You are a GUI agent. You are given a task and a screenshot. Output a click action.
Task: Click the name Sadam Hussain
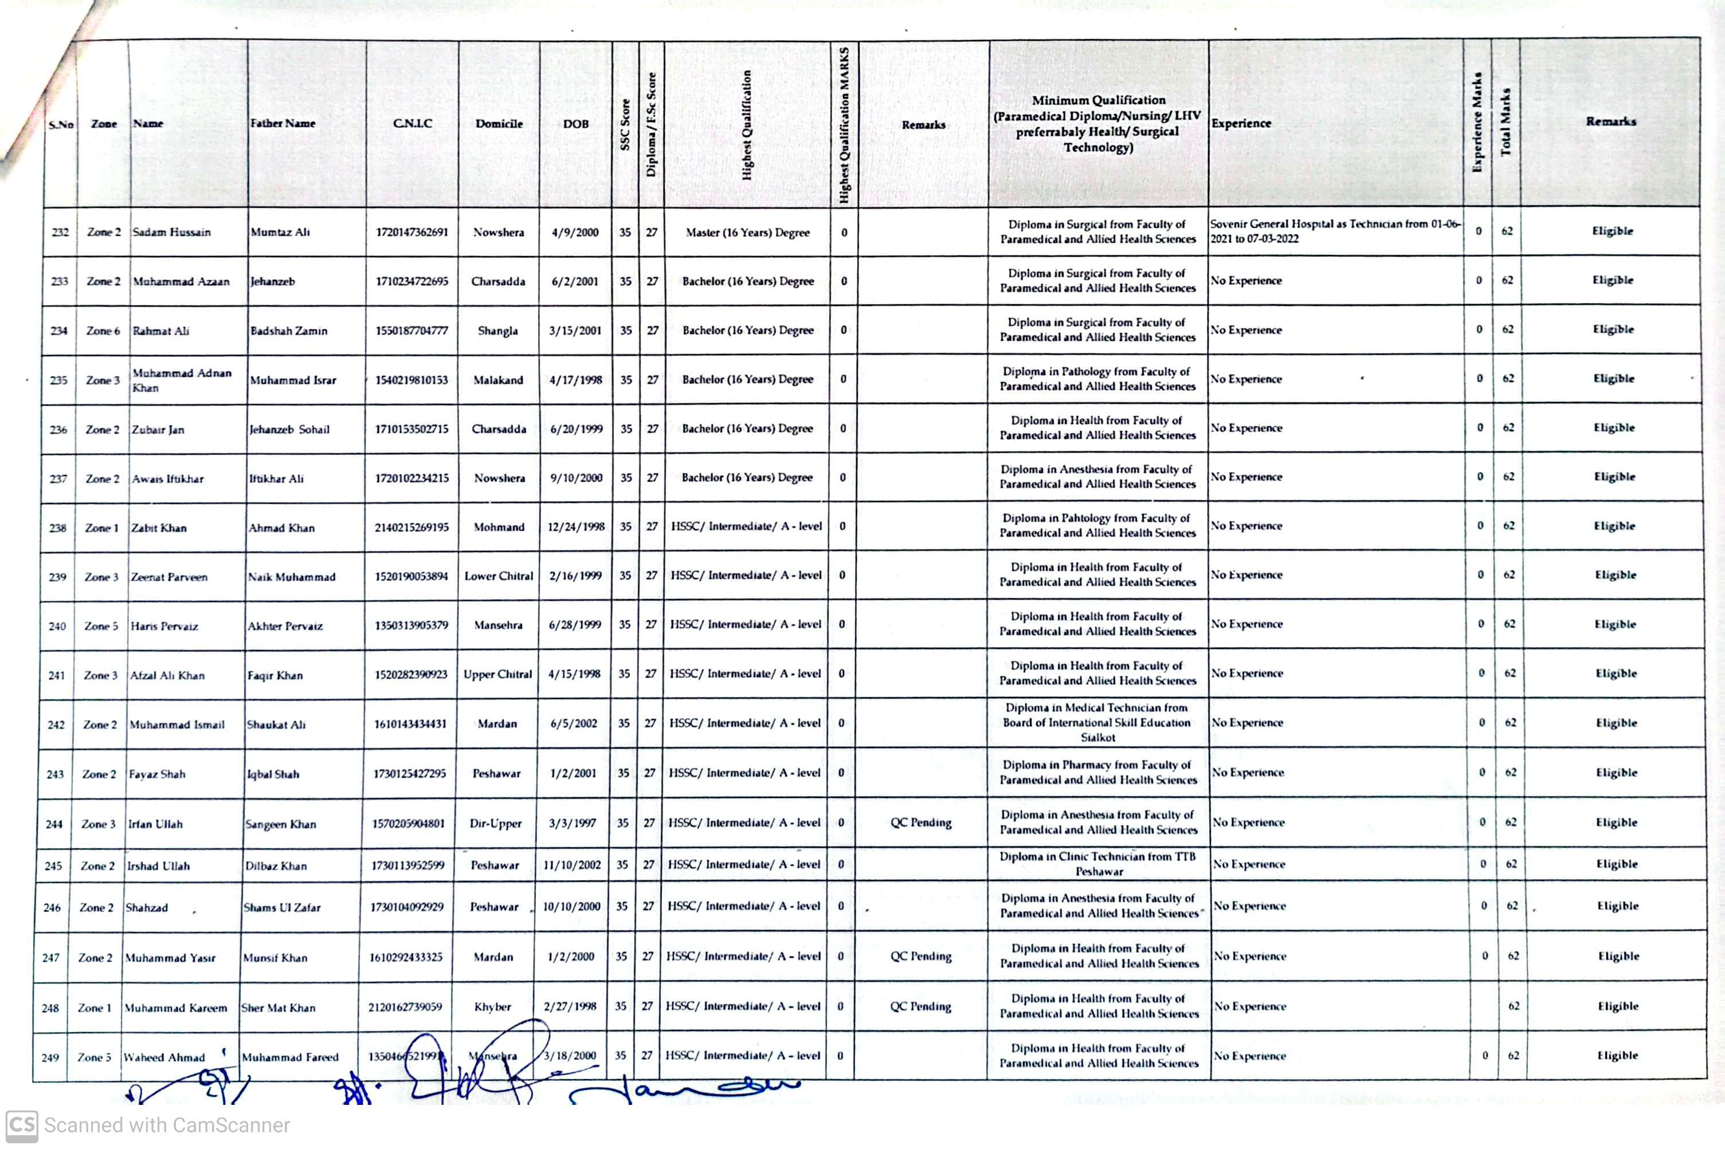click(x=171, y=233)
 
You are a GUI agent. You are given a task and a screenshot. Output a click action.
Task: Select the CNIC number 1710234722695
click(x=411, y=281)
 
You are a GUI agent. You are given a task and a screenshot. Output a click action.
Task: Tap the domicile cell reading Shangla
click(x=498, y=330)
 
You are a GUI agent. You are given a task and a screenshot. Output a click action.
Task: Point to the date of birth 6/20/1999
click(x=575, y=428)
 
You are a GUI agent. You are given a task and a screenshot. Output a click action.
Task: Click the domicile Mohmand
click(x=499, y=527)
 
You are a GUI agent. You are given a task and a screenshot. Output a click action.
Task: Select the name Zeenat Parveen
click(x=168, y=577)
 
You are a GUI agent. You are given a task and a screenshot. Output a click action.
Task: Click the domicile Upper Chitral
click(x=498, y=674)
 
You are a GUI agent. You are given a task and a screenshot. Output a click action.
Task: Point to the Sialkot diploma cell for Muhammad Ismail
click(x=1097, y=722)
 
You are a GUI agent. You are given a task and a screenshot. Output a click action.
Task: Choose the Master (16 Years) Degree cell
click(x=747, y=233)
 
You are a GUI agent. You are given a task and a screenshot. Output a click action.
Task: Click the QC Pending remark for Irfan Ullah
click(x=921, y=823)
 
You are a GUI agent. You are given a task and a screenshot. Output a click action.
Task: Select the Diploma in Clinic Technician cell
click(x=1097, y=864)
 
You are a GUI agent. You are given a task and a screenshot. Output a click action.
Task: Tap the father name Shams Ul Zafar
click(x=281, y=907)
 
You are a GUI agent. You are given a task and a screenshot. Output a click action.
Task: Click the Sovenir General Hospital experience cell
click(x=1335, y=231)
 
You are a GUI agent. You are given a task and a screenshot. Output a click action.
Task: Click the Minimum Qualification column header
click(x=1097, y=124)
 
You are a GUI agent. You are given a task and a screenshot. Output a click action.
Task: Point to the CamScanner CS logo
click(x=21, y=1126)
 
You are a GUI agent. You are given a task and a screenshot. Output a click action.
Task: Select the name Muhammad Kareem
click(x=175, y=1008)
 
